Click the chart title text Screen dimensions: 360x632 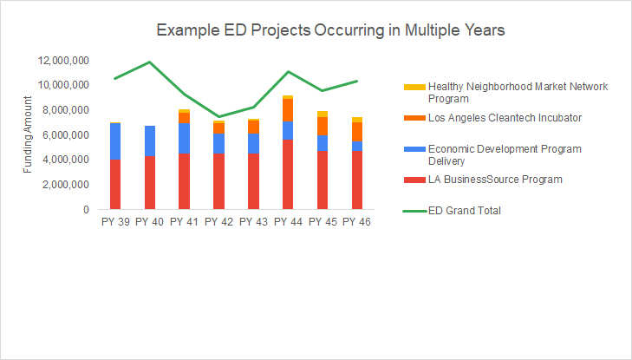[x=330, y=30]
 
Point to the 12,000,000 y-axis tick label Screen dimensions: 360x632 [x=62, y=61]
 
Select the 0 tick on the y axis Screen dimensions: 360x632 [x=85, y=210]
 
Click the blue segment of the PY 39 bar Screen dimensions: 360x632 [x=115, y=141]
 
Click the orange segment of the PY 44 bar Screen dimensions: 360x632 [x=288, y=110]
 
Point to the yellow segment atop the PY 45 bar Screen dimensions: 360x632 [x=323, y=114]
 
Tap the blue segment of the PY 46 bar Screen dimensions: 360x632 [x=357, y=146]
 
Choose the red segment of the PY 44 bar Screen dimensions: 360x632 [x=288, y=174]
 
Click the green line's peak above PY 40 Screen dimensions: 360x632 [x=150, y=62]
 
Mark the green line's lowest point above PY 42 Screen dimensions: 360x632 [x=218, y=116]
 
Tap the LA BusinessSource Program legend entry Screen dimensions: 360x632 [x=495, y=180]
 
